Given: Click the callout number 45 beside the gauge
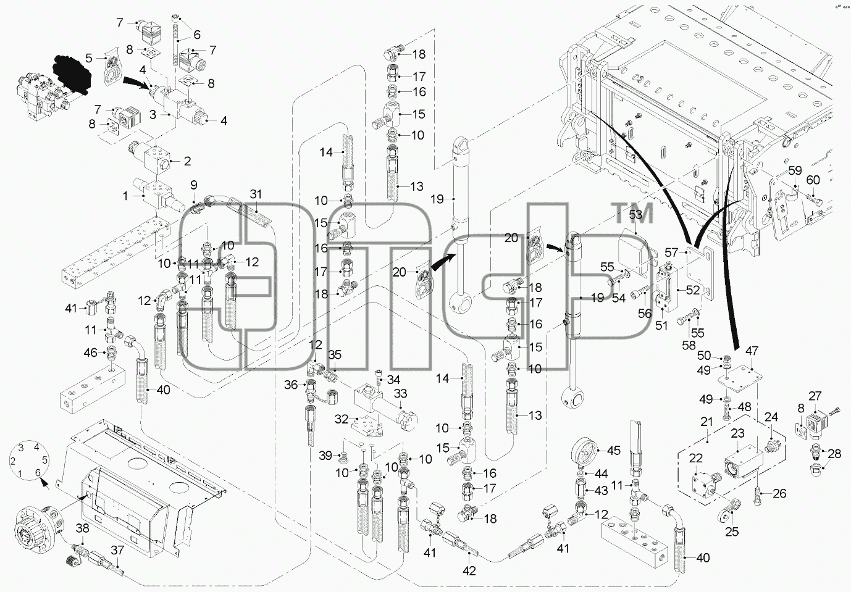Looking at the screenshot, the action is tap(614, 451).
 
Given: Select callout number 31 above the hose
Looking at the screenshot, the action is tap(256, 194).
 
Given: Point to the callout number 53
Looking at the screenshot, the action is tap(635, 215).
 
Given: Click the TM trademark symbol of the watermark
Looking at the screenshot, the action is tap(632, 213).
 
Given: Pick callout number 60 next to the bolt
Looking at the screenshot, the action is tap(813, 180).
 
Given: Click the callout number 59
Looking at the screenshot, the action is tap(795, 171).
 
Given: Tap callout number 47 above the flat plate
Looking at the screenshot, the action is tap(752, 351).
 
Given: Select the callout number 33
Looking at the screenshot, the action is tap(400, 393).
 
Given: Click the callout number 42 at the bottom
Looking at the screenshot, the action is tap(469, 571).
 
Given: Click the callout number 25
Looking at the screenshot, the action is tap(732, 532).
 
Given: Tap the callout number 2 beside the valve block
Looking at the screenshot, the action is tap(187, 161).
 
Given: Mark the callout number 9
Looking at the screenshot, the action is tap(194, 185).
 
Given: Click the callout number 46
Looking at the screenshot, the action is tap(90, 352).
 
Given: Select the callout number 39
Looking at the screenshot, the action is tap(325, 456).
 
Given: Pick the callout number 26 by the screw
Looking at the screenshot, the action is tap(779, 493).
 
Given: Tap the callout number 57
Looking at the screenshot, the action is tap(671, 252).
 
